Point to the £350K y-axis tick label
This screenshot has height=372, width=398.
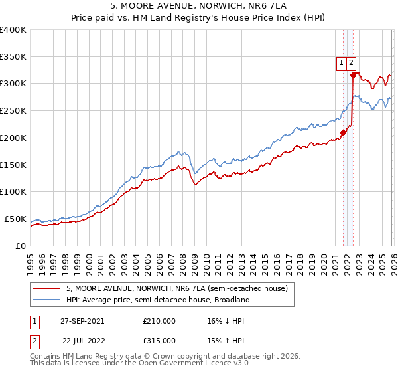13,57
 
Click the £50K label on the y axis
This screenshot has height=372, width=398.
15,219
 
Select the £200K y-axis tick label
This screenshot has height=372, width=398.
13,138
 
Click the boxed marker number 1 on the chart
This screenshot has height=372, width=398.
341,63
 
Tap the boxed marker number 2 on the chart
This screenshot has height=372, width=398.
351,63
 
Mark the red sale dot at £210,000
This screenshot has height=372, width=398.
343,132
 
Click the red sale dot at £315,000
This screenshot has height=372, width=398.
352,75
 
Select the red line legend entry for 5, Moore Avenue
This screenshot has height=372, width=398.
176,288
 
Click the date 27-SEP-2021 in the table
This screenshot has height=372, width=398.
82,321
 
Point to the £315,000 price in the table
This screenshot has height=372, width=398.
159,341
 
